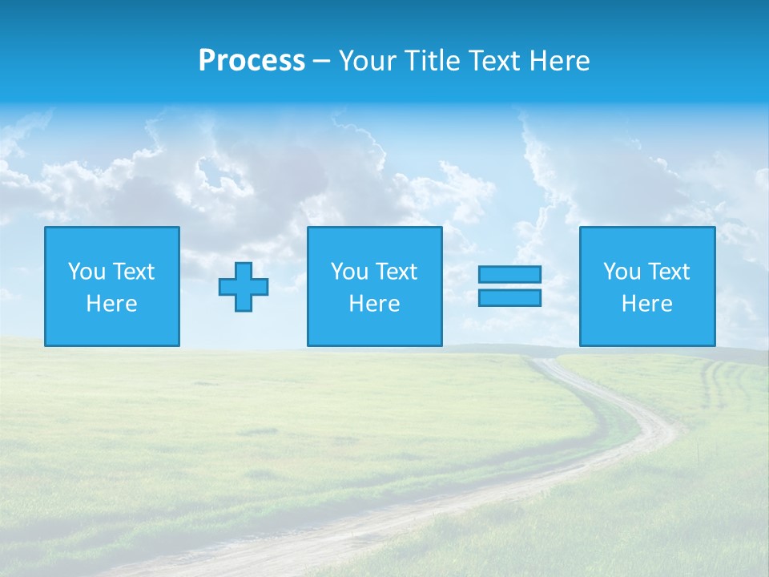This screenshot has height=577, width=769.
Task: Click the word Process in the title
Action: click(x=252, y=61)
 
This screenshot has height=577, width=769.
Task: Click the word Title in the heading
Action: click(x=431, y=61)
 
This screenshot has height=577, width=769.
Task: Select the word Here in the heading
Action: click(x=558, y=61)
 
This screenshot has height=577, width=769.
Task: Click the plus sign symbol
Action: click(x=244, y=287)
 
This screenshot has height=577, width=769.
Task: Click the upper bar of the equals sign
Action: click(x=509, y=274)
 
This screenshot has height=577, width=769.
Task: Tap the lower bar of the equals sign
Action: click(x=509, y=297)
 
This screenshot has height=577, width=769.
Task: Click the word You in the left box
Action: click(x=87, y=272)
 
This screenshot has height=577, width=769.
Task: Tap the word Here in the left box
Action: click(x=112, y=304)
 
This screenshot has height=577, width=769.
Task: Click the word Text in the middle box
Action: click(x=396, y=272)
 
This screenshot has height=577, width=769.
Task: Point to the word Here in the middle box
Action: click(x=374, y=304)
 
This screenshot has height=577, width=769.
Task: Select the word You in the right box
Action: click(x=622, y=272)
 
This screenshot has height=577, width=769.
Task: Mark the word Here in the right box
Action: click(x=647, y=304)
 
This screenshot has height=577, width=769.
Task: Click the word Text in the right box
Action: click(x=668, y=272)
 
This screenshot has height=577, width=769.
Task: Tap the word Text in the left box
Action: click(x=133, y=272)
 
